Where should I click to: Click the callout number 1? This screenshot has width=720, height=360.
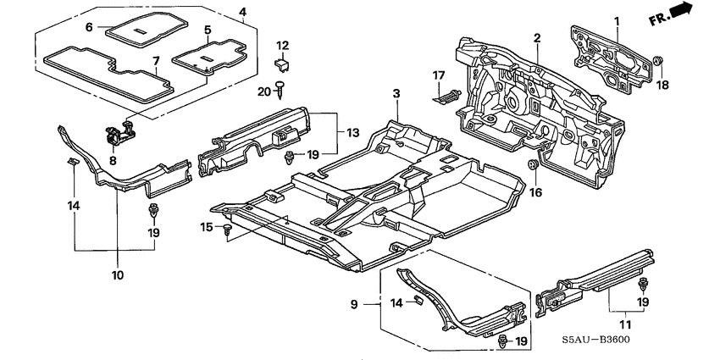point(617,20)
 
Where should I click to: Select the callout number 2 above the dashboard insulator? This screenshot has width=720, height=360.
point(537,37)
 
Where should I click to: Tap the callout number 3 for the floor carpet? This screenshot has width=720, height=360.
point(396,91)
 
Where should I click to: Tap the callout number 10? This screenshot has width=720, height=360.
point(116,275)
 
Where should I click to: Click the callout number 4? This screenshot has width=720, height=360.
point(243,12)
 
